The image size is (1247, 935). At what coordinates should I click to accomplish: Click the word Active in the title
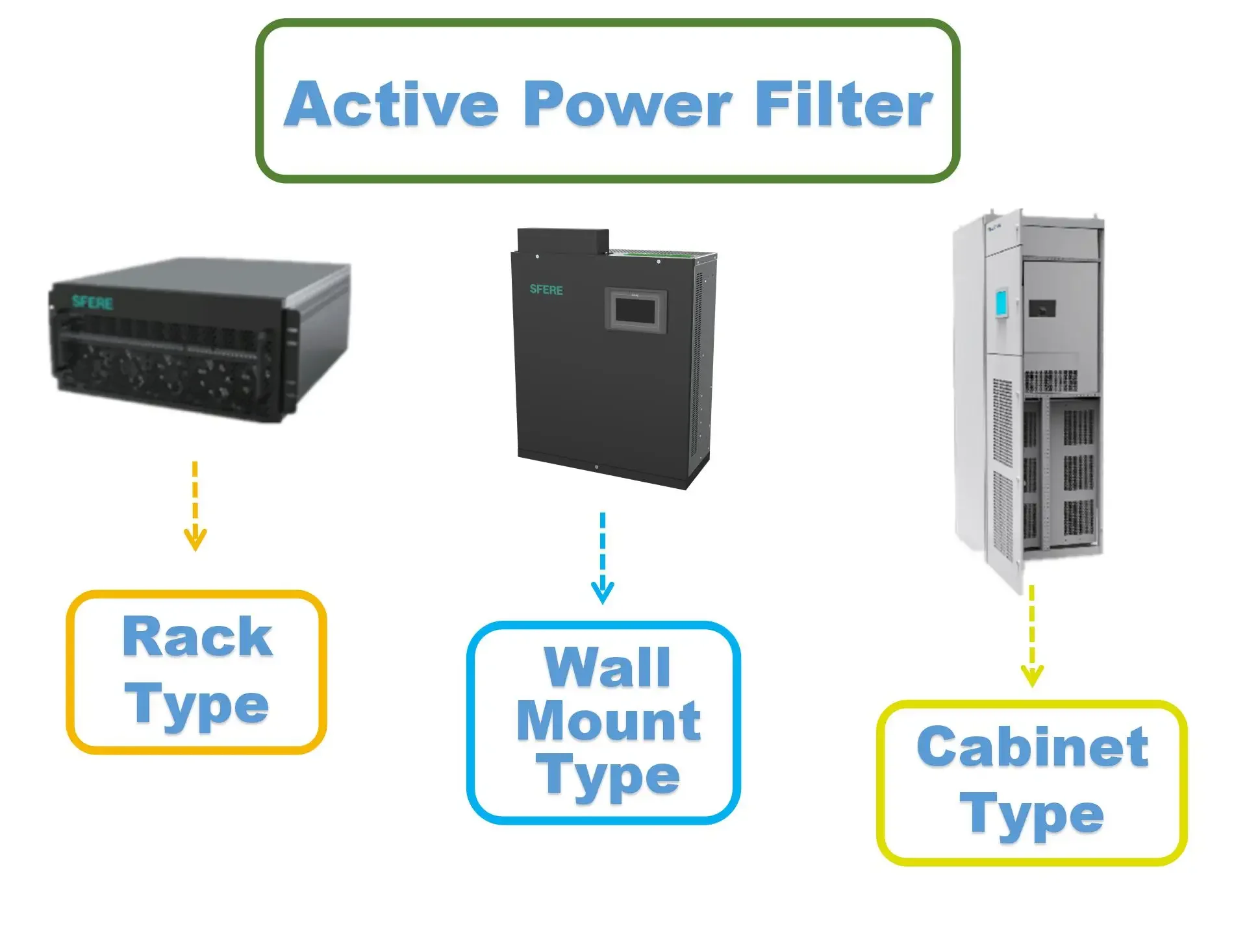pos(392,105)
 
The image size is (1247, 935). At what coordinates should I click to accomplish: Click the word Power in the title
pos(628,105)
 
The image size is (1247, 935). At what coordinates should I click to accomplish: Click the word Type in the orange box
pos(197,705)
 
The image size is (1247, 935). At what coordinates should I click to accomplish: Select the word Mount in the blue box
pos(609,721)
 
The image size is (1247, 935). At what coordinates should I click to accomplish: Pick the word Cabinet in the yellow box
pos(1032,747)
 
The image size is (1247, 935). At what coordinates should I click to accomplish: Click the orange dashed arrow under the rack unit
pos(195,506)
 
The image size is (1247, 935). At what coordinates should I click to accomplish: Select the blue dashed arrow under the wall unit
pos(603,558)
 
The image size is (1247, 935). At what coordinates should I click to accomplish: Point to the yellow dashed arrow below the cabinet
pos(1032,636)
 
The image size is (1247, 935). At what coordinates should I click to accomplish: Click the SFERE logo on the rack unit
pos(92,302)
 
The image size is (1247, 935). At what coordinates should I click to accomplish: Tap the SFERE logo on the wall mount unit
pos(546,290)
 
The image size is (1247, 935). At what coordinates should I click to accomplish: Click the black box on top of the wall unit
pos(562,240)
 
